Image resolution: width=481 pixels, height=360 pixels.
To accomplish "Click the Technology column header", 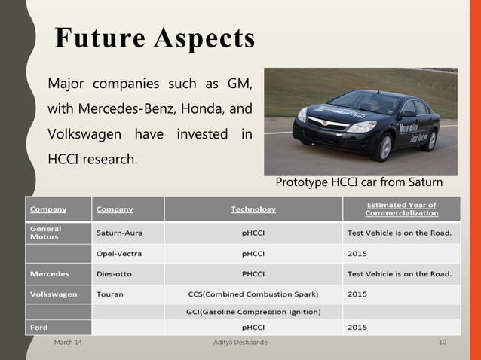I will pos(253,209).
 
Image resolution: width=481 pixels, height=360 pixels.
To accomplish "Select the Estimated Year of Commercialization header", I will pos(401,209).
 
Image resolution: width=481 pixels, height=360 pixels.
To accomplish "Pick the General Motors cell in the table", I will pos(46,232).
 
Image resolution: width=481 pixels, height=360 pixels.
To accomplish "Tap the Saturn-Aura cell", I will pos(120,233).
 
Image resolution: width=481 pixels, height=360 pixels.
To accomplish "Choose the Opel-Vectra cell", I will pos(119,253).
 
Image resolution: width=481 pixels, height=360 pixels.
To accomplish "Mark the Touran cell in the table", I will pos(109,294).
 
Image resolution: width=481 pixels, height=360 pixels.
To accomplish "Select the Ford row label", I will pos(38,328).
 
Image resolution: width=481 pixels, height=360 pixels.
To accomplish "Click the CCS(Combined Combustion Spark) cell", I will pos(253,294).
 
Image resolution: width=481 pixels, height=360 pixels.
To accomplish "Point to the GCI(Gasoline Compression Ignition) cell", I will pos(253,311).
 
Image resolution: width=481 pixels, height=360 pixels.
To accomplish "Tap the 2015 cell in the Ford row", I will pos(357,328).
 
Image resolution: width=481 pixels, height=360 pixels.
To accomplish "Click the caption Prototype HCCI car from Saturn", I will pos(359,183).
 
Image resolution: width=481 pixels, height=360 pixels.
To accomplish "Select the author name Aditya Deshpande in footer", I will pos(240,343).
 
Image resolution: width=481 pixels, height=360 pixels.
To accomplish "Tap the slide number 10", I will pos(442,343).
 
